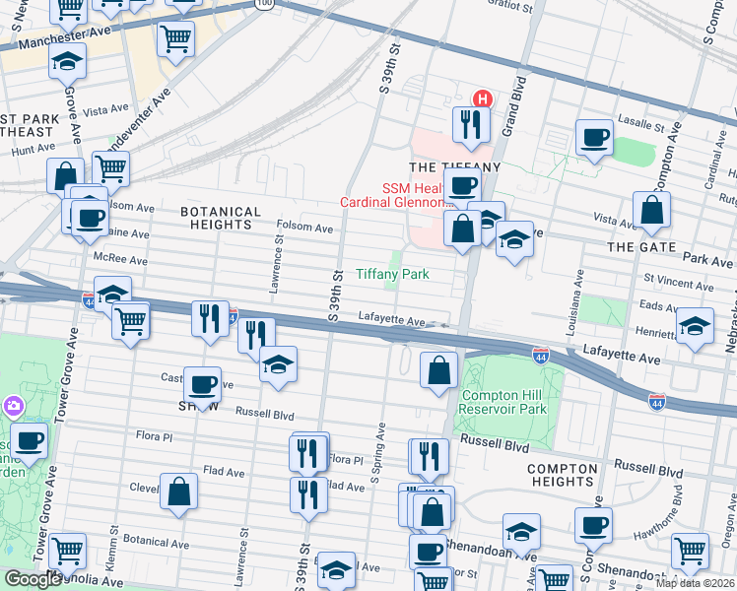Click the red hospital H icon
click(483, 98)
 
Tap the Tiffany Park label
click(392, 275)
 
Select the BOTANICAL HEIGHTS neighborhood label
click(221, 219)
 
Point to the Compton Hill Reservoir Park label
click(504, 402)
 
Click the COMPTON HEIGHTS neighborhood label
click(561, 475)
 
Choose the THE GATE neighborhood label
click(638, 246)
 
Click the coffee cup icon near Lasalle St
click(594, 139)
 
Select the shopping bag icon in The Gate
click(651, 210)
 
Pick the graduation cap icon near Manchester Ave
click(68, 62)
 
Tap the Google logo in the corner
click(33, 579)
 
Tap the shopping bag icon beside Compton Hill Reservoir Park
click(438, 371)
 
